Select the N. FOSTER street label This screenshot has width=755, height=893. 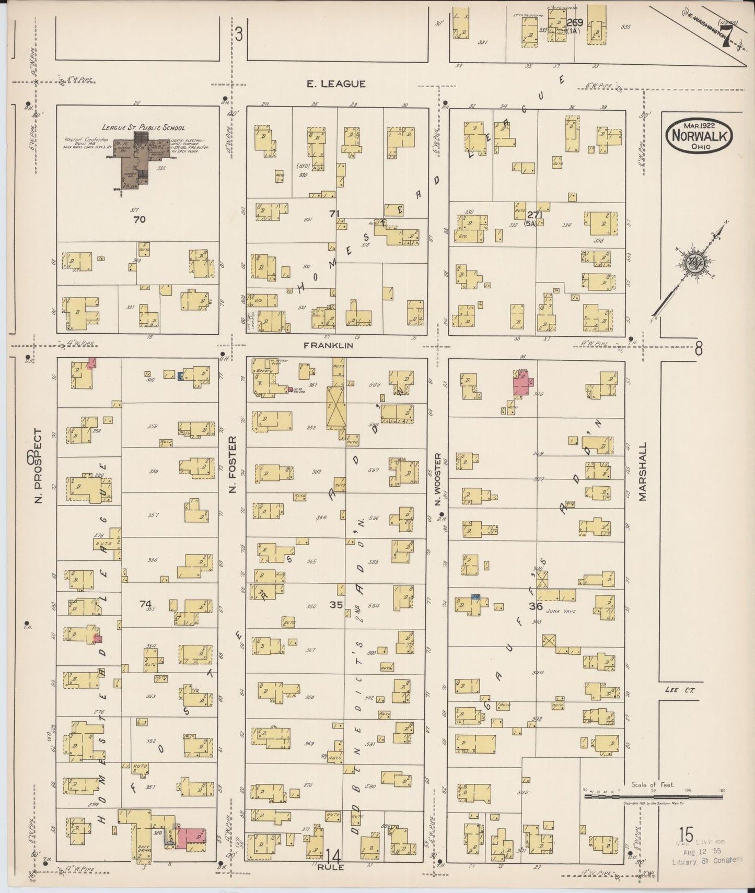[233, 465]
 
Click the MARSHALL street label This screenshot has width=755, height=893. [643, 472]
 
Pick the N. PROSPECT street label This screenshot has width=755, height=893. [38, 466]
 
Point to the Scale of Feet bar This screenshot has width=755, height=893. [653, 797]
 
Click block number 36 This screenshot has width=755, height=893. [535, 606]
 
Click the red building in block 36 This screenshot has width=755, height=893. [523, 385]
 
